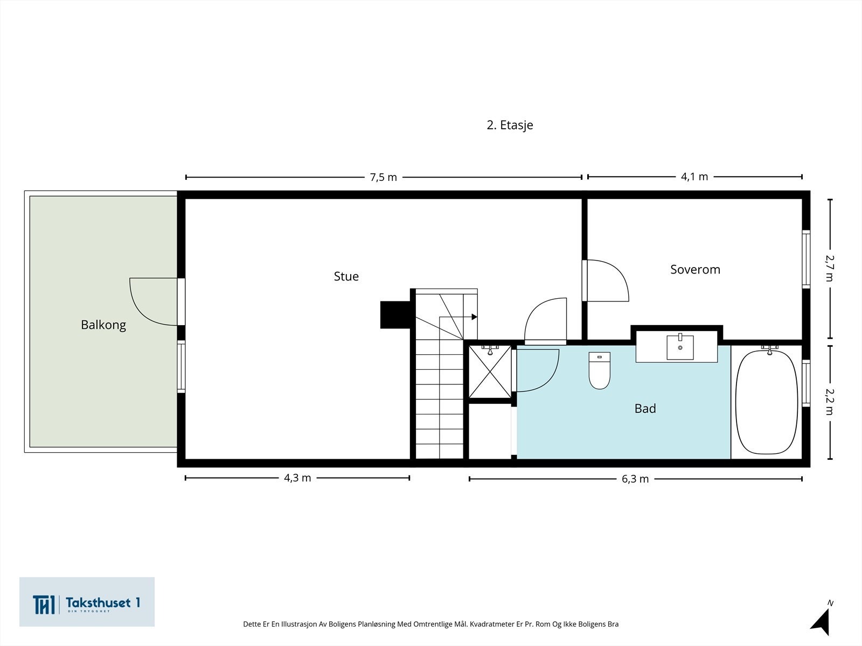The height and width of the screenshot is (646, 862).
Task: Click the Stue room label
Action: pos(346,277)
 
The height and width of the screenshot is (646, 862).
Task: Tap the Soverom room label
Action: pos(695,270)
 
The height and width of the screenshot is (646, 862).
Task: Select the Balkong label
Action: pos(103,325)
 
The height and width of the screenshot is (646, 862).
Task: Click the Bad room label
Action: pos(645,409)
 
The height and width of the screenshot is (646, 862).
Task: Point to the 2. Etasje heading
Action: pos(510,125)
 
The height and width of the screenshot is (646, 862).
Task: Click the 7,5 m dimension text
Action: pos(383,178)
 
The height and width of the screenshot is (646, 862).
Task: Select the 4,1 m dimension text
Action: pos(694,177)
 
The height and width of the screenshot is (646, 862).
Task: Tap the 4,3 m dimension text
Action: pos(297,478)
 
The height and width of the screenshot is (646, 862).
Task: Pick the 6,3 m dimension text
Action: pos(635,479)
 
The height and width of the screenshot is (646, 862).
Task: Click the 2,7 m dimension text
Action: pos(830,268)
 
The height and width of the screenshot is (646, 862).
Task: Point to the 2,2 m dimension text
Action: pos(830,402)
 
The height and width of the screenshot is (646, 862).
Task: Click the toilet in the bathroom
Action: pos(599,370)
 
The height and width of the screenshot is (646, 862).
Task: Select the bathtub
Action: pos(767,402)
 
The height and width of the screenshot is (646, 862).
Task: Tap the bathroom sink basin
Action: pos(680,347)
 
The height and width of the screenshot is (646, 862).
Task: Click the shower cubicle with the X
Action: pos(490,371)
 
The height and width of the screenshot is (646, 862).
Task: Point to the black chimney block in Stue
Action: pos(395,314)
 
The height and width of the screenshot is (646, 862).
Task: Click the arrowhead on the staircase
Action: pos(475,317)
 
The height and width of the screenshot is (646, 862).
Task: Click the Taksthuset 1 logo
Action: pos(87,602)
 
